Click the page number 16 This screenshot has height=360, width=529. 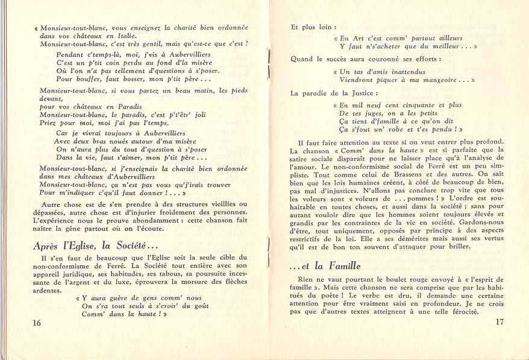click(x=37, y=323)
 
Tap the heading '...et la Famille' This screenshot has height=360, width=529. click(x=325, y=265)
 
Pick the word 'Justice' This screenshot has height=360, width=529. click(x=365, y=93)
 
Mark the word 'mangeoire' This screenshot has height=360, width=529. click(x=440, y=79)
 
